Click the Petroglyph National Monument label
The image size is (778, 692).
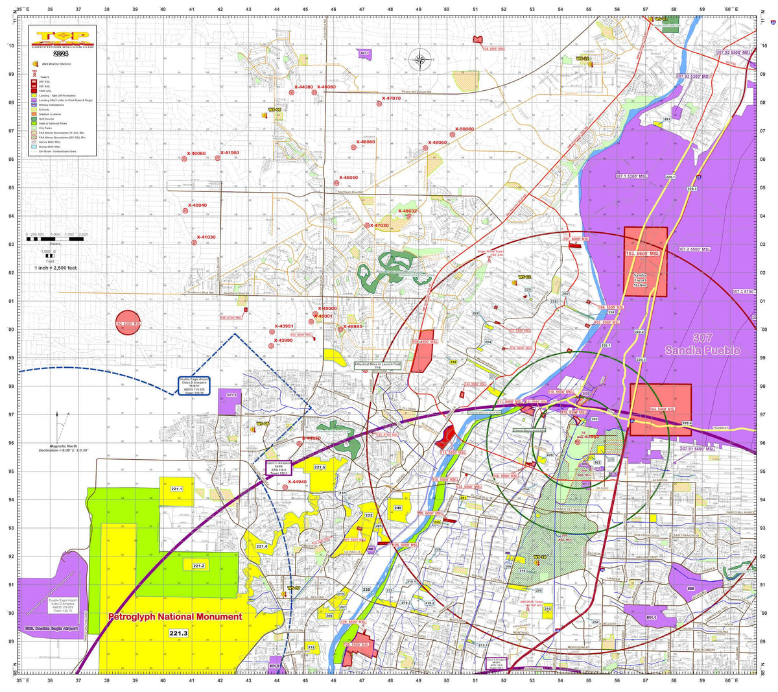tap(175, 617)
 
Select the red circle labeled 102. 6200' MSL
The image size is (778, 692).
tap(128, 323)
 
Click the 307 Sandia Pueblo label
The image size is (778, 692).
tap(702, 344)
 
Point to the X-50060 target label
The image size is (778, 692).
tap(464, 129)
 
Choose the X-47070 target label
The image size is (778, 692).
tap(391, 99)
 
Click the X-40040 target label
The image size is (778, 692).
tap(197, 206)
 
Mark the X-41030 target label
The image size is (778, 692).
tap(206, 237)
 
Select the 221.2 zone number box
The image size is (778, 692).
tap(198, 566)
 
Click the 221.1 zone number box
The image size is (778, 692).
tap(176, 489)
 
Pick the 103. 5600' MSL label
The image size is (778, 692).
tap(643, 253)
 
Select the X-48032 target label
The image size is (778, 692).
tap(407, 211)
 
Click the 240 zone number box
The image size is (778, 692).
tap(397, 508)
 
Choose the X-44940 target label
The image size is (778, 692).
tap(298, 482)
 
